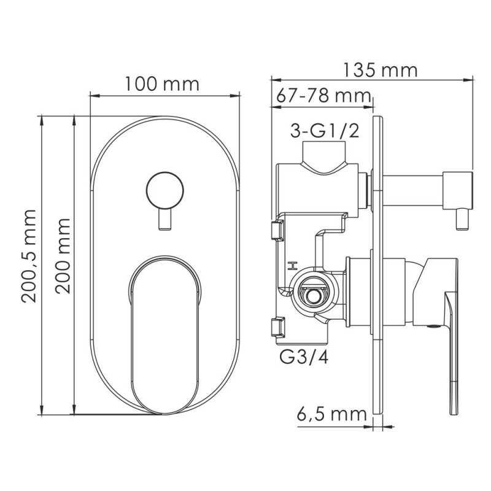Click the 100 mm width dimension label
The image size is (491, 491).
point(162,83)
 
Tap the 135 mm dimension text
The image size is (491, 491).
point(381,70)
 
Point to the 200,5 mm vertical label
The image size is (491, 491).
point(29,256)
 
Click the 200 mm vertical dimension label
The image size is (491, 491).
point(63,256)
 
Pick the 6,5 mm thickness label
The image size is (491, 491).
point(331,414)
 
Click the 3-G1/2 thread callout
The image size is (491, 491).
point(325,131)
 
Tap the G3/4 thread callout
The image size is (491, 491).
point(304,358)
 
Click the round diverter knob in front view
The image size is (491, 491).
point(164,190)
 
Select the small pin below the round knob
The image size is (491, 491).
point(165,220)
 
